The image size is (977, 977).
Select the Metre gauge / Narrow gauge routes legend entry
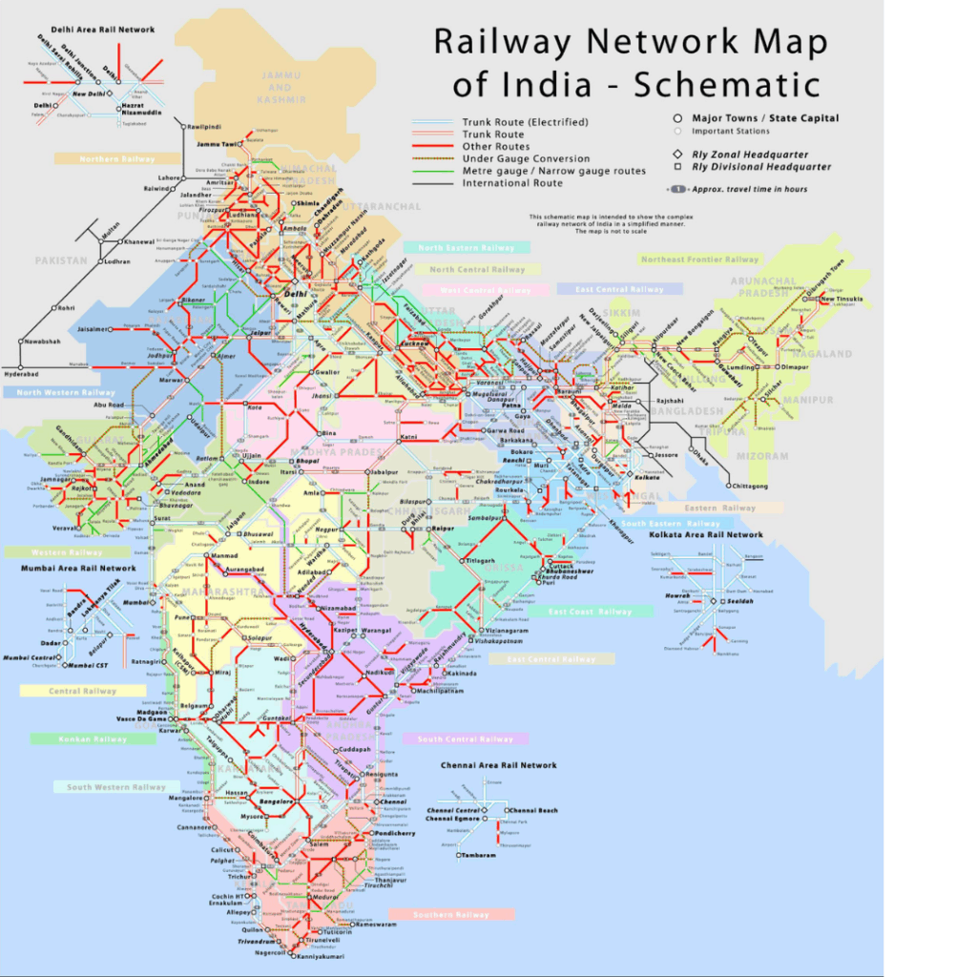(553, 171)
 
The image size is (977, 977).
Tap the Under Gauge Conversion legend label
(526, 158)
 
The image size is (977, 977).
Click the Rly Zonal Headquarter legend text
(750, 154)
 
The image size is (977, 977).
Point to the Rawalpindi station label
(211, 127)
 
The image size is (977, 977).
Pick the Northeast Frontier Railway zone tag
(700, 260)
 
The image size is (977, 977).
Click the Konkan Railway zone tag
(92, 738)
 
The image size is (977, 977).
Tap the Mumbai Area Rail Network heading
(78, 568)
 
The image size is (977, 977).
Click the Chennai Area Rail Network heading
(498, 765)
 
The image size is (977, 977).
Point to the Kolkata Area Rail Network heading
(706, 535)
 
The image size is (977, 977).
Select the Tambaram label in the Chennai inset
(478, 855)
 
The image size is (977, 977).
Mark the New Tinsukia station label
(841, 300)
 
